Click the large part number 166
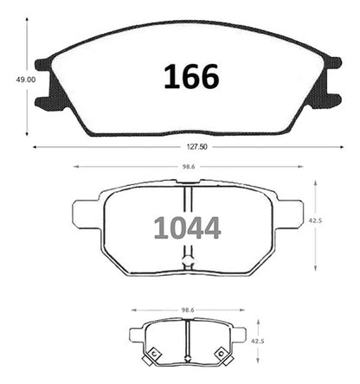(191, 76)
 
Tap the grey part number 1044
(188, 228)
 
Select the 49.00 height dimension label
(26, 80)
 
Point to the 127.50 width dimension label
(196, 147)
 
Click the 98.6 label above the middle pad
(188, 167)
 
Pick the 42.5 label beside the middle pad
(315, 221)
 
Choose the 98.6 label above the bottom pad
(188, 310)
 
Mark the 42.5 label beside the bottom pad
(258, 341)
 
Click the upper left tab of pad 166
(43, 65)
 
